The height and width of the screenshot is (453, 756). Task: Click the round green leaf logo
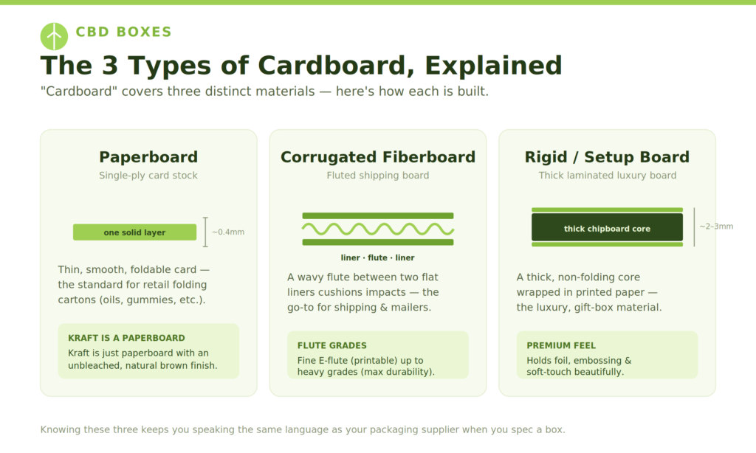(54, 37)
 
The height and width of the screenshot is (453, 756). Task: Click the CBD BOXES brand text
(124, 32)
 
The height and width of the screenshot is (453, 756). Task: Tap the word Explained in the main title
(493, 66)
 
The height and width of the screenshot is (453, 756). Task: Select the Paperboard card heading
(148, 157)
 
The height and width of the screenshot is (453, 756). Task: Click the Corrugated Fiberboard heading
(378, 157)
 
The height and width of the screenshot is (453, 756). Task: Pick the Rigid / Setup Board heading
(607, 157)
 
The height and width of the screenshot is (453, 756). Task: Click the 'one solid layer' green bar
(134, 232)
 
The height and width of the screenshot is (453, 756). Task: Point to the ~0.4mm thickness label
(228, 232)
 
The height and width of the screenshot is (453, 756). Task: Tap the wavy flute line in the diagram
(378, 229)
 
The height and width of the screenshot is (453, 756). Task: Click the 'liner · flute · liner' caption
(377, 257)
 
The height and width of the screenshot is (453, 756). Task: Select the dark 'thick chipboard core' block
(607, 227)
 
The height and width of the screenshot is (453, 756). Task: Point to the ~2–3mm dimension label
(716, 226)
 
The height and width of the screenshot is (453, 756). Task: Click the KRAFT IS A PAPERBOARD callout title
(126, 339)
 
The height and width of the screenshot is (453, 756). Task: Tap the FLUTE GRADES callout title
(331, 345)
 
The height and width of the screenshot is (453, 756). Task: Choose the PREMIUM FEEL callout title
(561, 345)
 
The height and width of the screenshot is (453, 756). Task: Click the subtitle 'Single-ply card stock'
(148, 176)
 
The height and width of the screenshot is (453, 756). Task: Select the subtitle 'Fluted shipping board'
(378, 176)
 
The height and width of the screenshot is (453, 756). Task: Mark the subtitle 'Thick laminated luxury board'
(608, 176)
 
